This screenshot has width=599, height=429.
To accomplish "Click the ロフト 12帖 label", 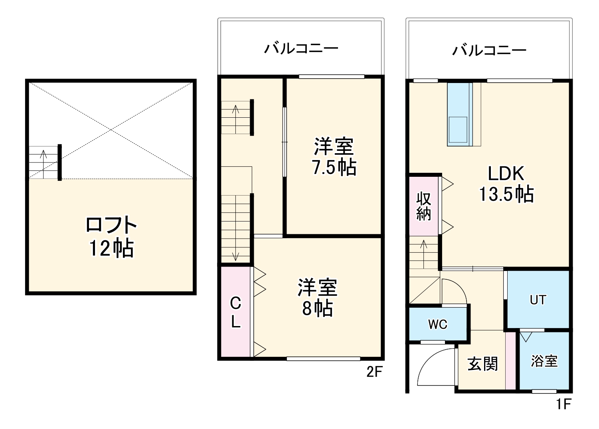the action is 111,236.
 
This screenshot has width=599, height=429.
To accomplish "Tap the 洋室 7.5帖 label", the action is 334,156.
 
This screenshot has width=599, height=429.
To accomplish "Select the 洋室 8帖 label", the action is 318,297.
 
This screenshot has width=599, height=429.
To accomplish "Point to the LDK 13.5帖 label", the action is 506,184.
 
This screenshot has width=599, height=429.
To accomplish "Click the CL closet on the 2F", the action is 235,312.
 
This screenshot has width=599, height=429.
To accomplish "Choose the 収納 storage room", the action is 423,206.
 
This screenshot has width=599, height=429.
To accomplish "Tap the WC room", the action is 438,324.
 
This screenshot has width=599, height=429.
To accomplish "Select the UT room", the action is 538,300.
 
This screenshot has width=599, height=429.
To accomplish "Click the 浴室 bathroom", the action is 544,361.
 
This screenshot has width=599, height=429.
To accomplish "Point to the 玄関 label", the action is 483,364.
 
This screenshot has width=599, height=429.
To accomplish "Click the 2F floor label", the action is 374,372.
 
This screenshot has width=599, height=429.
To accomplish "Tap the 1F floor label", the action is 564,404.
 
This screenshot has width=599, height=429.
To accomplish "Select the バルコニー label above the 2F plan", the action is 301,49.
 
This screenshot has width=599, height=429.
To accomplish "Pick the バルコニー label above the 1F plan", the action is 489,50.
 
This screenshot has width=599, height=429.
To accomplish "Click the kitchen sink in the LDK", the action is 458,129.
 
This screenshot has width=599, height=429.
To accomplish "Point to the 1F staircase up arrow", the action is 423,254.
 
